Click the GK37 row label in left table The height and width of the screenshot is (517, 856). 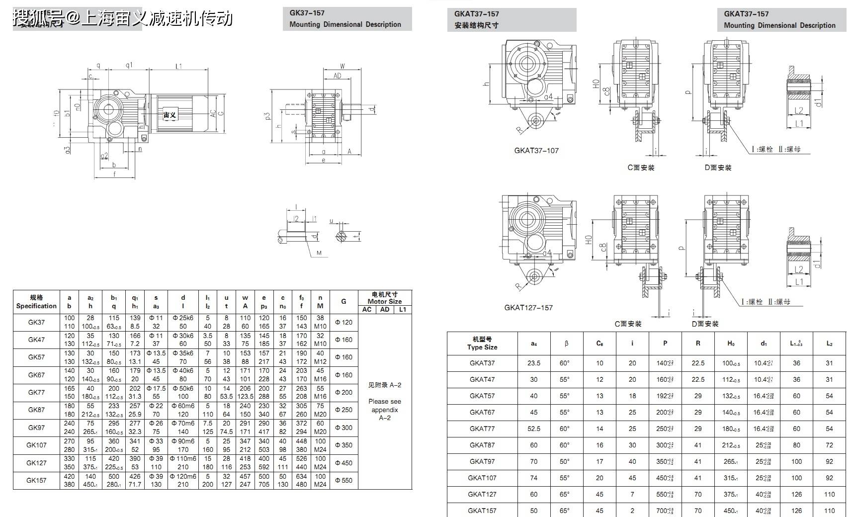pos(36,322)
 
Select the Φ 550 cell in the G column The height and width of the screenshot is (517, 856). pos(343,480)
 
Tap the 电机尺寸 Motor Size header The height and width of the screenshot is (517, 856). pos(384,297)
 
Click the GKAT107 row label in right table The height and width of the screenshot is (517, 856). pos(482,478)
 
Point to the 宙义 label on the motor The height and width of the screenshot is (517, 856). pos(170,115)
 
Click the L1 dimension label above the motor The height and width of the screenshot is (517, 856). pos(178,66)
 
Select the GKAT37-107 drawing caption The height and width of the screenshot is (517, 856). pos(536,151)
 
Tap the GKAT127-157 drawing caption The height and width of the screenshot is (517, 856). pos(528,308)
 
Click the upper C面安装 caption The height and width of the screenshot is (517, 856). pos(641,168)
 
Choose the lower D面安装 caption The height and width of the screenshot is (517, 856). pos(705,324)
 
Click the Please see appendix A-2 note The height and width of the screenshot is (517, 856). pos(384,409)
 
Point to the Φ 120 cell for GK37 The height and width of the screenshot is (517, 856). pos(343,322)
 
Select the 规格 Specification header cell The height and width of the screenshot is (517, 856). pos(36,302)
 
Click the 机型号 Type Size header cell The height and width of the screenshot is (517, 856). pos(482,343)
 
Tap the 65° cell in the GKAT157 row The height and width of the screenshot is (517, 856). pos(565,511)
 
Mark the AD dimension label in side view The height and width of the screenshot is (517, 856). pos(337,76)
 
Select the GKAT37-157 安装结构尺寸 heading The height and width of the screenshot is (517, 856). pos(512,20)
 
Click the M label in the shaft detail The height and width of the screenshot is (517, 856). pos(319,253)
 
